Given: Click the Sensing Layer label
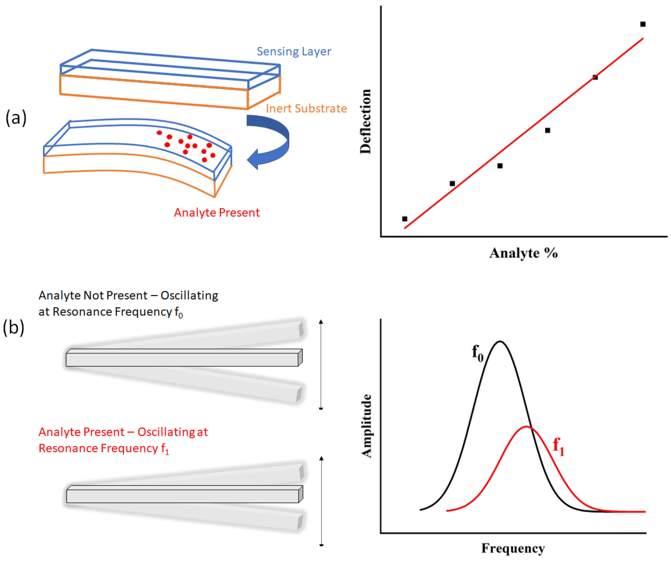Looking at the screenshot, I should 294,51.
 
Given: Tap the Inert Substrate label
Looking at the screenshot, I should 306,109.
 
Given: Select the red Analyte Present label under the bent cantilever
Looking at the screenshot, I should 217,212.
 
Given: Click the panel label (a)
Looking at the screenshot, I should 16,118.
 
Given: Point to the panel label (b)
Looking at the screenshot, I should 13,327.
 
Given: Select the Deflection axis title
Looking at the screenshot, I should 365,121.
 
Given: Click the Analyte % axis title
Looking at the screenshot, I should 523,253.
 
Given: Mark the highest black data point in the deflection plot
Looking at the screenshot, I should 643,24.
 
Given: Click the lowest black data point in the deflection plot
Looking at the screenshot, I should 404,219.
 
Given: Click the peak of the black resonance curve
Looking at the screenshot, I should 500,342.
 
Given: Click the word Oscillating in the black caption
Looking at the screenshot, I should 189,296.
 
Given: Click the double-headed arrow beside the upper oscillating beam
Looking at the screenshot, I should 321,364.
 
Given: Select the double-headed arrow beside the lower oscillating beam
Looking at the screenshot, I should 321,501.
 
